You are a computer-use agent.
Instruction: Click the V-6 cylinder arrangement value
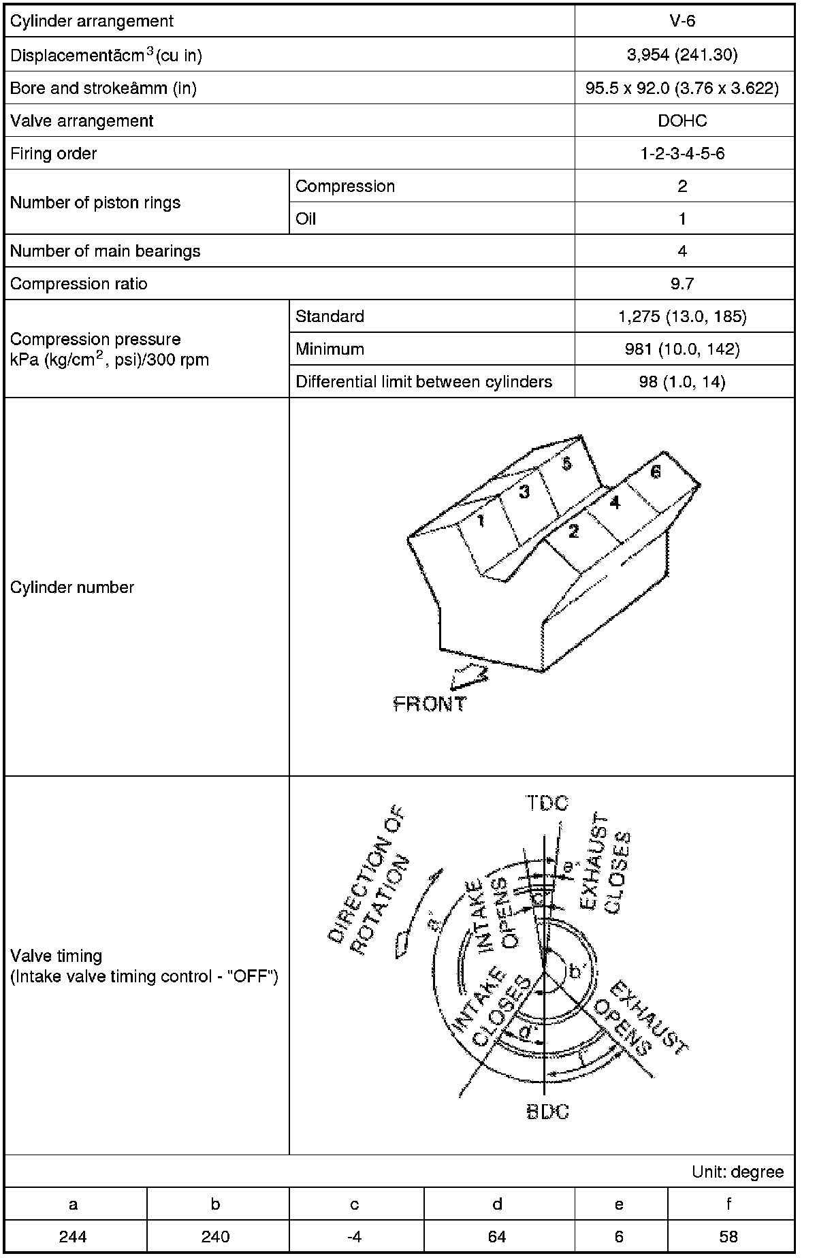tap(682, 20)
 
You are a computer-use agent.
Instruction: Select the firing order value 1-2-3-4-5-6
tap(682, 153)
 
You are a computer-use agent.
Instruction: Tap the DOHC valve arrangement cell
tap(682, 120)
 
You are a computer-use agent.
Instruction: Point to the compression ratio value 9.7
tap(682, 284)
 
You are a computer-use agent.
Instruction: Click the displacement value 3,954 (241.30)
tap(682, 55)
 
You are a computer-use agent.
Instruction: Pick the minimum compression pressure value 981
tap(682, 349)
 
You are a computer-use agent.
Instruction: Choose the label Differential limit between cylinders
tap(423, 382)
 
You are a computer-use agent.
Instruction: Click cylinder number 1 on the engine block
tap(481, 521)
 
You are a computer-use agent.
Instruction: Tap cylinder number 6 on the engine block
tap(655, 472)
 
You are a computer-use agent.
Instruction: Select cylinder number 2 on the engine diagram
tap(574, 532)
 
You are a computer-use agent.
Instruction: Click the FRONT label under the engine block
tap(430, 704)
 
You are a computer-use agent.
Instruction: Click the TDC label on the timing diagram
tap(547, 803)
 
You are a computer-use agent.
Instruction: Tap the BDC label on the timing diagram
tap(547, 1112)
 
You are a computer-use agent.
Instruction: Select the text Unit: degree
tap(737, 1172)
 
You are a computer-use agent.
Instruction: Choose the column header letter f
tap(728, 1204)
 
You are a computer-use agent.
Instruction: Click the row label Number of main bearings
tap(106, 251)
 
